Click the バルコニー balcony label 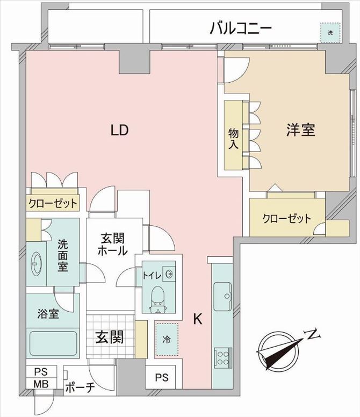point(241,28)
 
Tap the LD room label point(120,130)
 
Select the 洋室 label point(301,130)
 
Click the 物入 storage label point(233,139)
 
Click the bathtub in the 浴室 point(53,343)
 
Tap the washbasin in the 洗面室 point(35,263)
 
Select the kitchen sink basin point(222,296)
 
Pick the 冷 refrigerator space point(167,339)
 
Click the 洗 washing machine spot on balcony point(330,33)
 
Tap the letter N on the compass point(313,334)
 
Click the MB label point(41,384)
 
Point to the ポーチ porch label point(80,387)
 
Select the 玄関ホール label point(112,245)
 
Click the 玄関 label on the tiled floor point(110,337)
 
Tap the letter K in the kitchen point(198,319)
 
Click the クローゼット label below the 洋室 point(286,219)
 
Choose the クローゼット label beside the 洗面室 point(53,204)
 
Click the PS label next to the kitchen point(162,377)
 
